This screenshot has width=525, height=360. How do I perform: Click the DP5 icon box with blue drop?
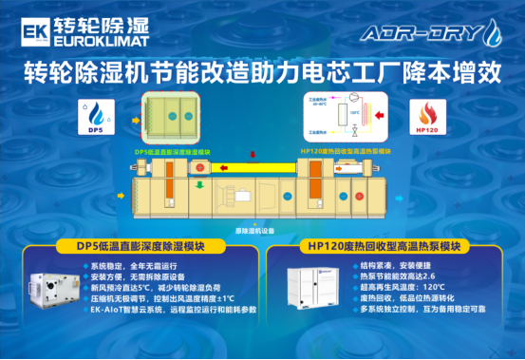95,117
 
